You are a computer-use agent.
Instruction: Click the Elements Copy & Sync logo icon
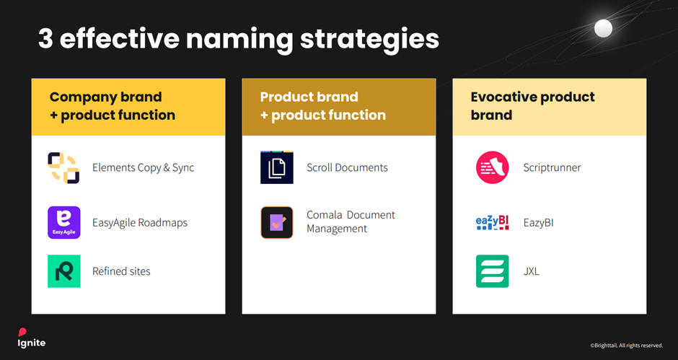click(x=63, y=167)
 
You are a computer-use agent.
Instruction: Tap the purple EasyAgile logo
click(x=63, y=222)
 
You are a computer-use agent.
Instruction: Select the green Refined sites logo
click(x=63, y=271)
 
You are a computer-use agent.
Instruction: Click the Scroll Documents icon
click(x=277, y=167)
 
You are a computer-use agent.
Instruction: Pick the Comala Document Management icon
click(x=277, y=222)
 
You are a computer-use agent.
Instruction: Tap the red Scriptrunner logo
click(x=493, y=167)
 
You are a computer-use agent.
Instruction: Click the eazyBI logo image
click(x=493, y=222)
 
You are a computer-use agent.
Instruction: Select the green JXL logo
click(x=493, y=271)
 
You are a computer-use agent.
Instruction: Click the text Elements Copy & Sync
click(x=143, y=167)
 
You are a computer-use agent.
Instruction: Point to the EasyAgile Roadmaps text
click(x=139, y=222)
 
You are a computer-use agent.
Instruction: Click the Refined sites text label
click(x=121, y=271)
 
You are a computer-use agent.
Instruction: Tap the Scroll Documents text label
click(x=347, y=167)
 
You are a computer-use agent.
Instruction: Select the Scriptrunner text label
click(x=552, y=167)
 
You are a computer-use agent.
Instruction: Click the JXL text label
click(x=531, y=271)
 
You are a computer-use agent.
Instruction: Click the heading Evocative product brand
click(x=532, y=106)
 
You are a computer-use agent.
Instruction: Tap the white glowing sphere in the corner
click(x=602, y=28)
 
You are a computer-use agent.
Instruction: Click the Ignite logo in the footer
click(x=32, y=338)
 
